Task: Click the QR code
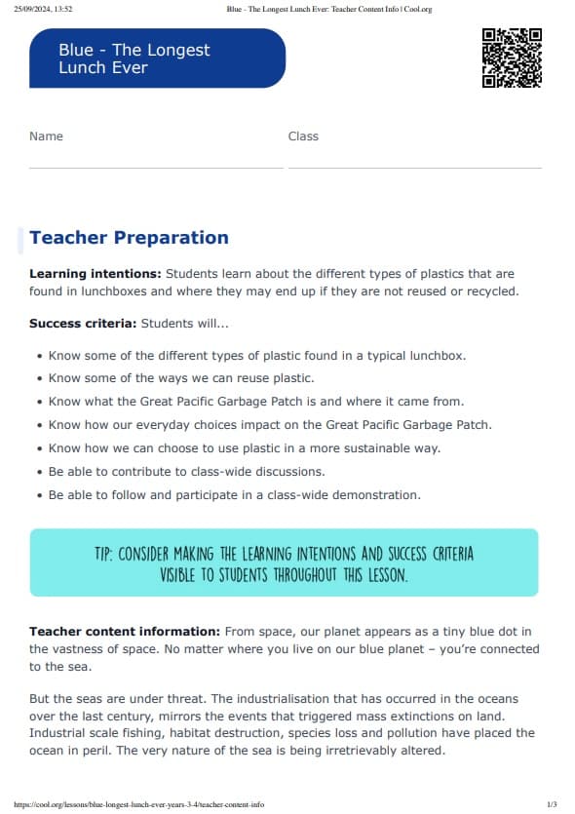[x=512, y=58]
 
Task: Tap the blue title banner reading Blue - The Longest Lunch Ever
[x=157, y=58]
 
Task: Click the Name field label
[x=46, y=136]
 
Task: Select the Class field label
[x=303, y=136]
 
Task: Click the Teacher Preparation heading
[x=129, y=238]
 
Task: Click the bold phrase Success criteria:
[x=83, y=323]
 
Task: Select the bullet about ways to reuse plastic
[x=180, y=378]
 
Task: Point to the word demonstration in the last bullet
[x=375, y=495]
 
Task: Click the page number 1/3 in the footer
[x=552, y=804]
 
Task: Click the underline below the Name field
[x=156, y=168]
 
